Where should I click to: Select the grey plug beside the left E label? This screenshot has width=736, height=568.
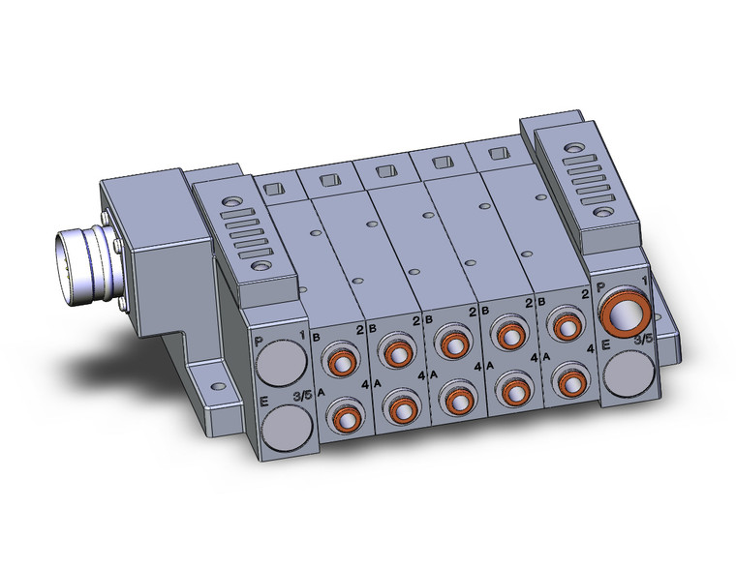(285, 425)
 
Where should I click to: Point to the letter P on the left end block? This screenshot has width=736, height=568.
(259, 342)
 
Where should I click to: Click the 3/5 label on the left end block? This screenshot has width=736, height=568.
(302, 394)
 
